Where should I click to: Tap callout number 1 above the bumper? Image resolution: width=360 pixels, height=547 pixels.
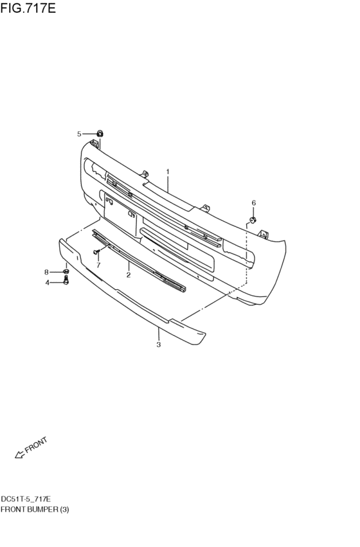[168, 172]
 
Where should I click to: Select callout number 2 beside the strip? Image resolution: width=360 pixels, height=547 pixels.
[129, 275]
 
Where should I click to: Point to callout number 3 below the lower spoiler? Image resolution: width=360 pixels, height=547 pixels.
[158, 345]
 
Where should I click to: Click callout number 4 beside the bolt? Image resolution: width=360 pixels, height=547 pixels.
[47, 282]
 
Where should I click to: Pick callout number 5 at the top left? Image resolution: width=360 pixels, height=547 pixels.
[79, 134]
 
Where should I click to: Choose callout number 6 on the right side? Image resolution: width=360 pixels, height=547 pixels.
[253, 203]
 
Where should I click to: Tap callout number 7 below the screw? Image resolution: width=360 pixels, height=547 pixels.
[98, 264]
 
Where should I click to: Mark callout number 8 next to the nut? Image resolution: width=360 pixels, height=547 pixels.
[47, 272]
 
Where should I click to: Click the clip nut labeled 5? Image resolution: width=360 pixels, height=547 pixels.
[100, 133]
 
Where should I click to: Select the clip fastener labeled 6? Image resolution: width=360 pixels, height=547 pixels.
[253, 220]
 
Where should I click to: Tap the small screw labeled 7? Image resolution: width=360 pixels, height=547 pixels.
[97, 251]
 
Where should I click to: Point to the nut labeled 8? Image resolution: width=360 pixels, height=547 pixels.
[66, 272]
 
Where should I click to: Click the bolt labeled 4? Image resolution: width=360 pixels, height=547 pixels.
[66, 282]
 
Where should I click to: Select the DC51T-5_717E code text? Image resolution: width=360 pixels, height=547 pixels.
[26, 499]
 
